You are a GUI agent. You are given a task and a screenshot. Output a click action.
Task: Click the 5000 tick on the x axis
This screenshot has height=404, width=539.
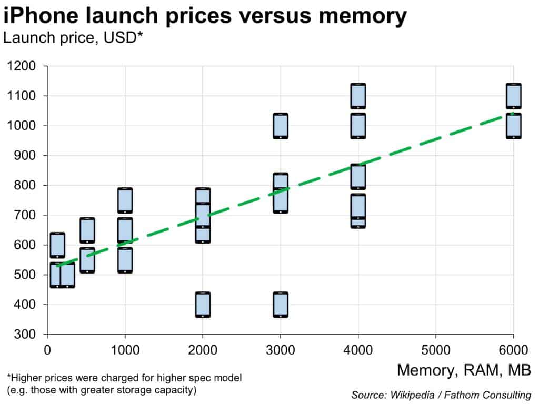[x=435, y=349]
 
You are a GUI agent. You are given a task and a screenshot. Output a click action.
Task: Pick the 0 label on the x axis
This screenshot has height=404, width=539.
[x=47, y=349]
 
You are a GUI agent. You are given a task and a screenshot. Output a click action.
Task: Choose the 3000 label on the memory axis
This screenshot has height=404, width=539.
[x=280, y=349]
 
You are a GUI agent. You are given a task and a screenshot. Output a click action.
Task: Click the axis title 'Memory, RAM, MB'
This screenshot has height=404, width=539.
[x=463, y=370]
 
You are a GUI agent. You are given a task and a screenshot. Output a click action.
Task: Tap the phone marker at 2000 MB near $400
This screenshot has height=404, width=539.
[x=203, y=305]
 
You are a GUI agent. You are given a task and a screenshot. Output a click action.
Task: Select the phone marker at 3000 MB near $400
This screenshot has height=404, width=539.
[x=280, y=305]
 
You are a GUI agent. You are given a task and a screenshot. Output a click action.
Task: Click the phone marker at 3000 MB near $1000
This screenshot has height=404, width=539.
[x=280, y=126]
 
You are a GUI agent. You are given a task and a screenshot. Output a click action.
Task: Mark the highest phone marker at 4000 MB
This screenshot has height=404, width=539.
[x=358, y=96]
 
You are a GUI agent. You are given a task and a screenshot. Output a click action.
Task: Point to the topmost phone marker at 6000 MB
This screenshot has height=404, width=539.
[x=513, y=96]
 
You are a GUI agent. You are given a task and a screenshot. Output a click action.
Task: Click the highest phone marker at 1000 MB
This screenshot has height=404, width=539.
[x=125, y=200]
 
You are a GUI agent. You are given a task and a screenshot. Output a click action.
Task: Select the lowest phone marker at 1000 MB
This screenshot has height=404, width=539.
[x=125, y=260]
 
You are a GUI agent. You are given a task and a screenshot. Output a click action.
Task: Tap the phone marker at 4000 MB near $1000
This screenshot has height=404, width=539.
[x=358, y=126]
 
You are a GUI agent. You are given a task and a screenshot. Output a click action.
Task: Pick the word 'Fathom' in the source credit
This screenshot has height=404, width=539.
[x=455, y=395]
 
